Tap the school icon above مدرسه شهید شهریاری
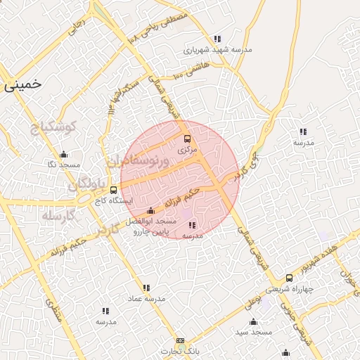(x=217, y=39)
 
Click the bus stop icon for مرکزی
(x=187, y=139)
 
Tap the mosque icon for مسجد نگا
(x=63, y=154)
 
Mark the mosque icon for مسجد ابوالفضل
(x=150, y=210)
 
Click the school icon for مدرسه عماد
(x=146, y=288)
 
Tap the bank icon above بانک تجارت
(x=180, y=341)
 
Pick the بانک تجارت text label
(x=179, y=351)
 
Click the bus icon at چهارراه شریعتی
(x=289, y=278)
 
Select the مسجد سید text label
(x=254, y=330)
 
